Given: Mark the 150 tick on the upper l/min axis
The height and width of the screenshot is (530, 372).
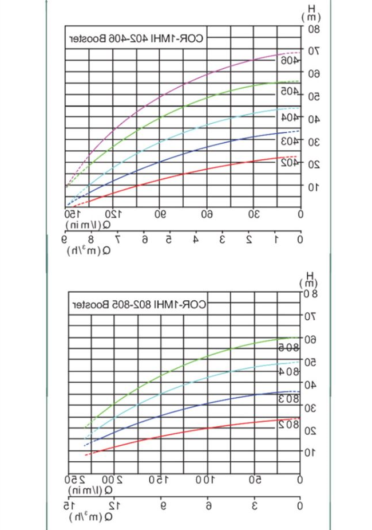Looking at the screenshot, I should pos(72,214).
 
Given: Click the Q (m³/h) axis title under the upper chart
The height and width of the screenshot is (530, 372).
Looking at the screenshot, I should pos(86,250).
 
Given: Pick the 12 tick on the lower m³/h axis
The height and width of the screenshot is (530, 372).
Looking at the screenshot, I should pos(115,505).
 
